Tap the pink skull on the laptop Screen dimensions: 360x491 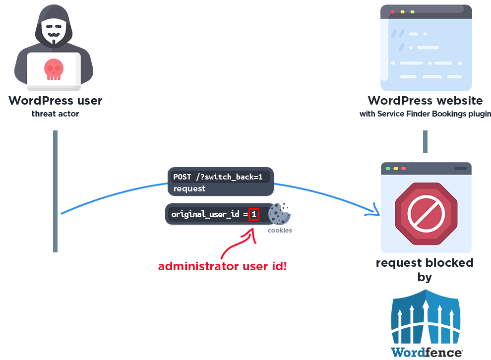pyautogui.click(x=54, y=68)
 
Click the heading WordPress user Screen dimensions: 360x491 pyautogui.click(x=55, y=101)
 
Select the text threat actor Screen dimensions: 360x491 pyautogui.click(x=55, y=114)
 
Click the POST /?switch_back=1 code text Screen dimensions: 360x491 pyautogui.click(x=218, y=177)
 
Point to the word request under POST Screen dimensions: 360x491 pyautogui.click(x=189, y=189)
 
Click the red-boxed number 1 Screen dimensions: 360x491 pyautogui.click(x=254, y=215)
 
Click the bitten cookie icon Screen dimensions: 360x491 pyautogui.click(x=279, y=214)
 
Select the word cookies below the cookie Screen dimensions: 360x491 pyautogui.click(x=280, y=230)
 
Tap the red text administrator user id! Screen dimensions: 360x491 pyautogui.click(x=223, y=266)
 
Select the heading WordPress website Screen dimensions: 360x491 pyautogui.click(x=425, y=101)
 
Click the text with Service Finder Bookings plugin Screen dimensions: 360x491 pyautogui.click(x=425, y=114)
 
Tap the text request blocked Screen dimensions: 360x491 pyautogui.click(x=425, y=263)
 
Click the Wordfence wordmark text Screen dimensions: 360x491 pyautogui.click(x=426, y=353)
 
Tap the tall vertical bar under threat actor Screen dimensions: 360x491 pyautogui.click(x=56, y=191)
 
